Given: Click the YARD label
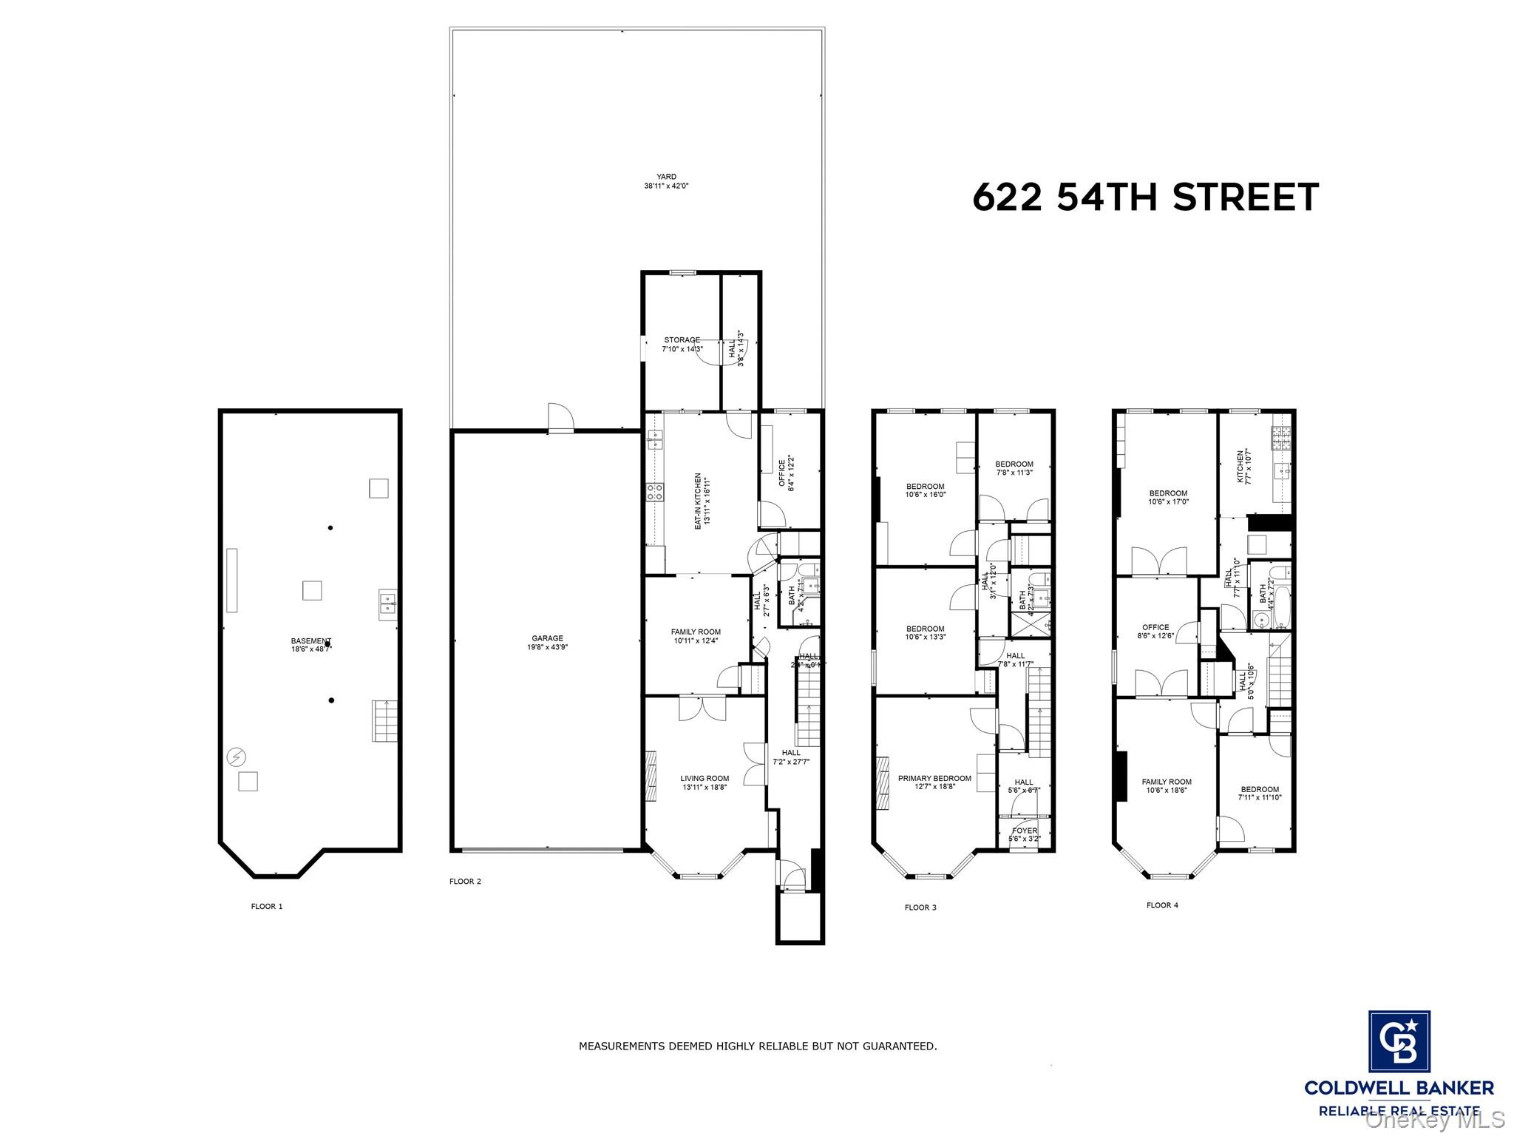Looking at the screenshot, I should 666,181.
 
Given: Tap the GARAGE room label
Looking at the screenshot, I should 547,642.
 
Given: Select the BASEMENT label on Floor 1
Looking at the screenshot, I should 310,645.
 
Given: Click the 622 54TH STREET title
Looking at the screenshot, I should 1145,197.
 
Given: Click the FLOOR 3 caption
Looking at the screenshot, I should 920,907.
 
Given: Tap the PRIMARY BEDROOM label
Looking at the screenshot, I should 934,782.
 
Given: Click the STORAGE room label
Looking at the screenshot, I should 682,344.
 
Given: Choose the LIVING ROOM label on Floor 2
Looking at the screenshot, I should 705,782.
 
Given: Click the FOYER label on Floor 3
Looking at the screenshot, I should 1024,834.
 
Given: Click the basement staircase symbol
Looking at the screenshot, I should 384,720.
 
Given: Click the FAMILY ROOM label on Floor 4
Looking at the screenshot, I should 1167,785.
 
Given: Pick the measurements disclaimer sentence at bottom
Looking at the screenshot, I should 757,1046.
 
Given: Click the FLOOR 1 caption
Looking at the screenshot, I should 267,906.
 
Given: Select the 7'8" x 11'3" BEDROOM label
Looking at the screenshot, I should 1014,468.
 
